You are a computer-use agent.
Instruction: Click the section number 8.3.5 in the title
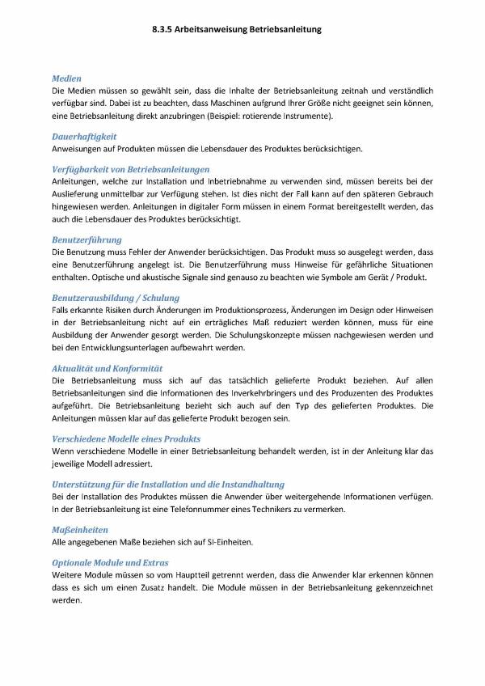pos(162,28)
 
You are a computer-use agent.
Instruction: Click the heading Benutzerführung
pos(86,240)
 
